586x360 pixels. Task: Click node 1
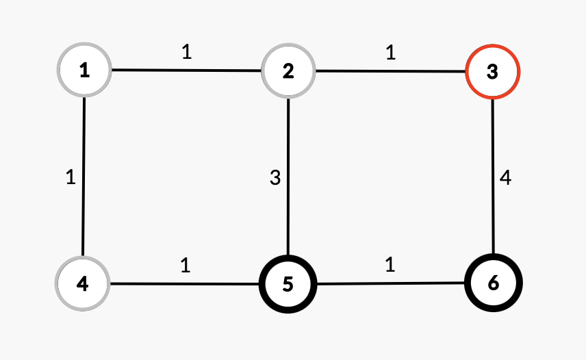coord(84,70)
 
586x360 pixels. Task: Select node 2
coord(288,70)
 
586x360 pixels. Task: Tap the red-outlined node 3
coord(492,72)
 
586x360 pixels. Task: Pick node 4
coord(83,282)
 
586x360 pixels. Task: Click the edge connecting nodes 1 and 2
coord(186,70)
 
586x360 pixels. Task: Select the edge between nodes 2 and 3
coord(390,70)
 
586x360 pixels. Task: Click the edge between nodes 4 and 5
coord(186,283)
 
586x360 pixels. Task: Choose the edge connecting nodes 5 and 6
coord(390,283)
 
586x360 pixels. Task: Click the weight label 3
coord(275,179)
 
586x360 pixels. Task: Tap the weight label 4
coord(505,179)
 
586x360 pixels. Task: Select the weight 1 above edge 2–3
coord(390,53)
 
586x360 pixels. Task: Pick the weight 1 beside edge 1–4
coord(70,177)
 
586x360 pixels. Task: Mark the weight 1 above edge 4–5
coord(186,265)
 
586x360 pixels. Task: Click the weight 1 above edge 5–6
coord(390,265)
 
